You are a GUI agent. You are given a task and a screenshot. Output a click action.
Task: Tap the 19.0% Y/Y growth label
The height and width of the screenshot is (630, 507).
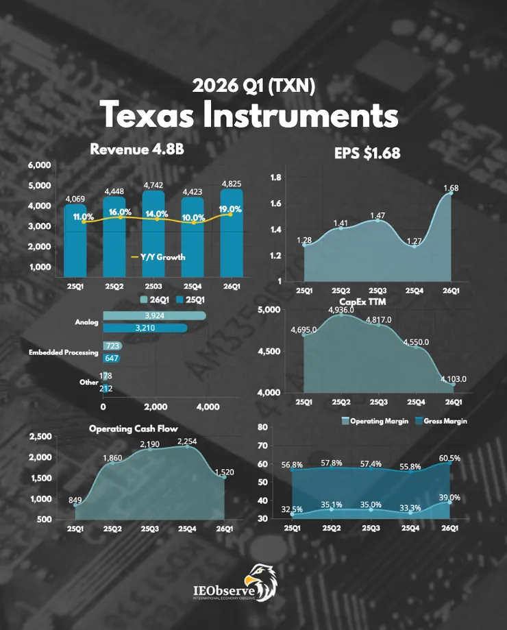[x=230, y=209]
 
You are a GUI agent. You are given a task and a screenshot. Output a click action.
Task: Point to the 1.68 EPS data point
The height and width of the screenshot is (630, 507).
[x=451, y=193]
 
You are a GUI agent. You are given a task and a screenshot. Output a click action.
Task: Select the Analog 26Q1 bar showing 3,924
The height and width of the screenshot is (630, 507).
[x=154, y=315]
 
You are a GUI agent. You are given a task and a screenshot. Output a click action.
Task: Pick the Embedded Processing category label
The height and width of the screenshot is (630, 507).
[x=63, y=352]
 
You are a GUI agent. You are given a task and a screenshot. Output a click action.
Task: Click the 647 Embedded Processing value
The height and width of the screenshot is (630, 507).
[x=110, y=358]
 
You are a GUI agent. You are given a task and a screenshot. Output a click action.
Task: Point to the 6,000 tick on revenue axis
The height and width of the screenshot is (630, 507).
[x=40, y=165]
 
